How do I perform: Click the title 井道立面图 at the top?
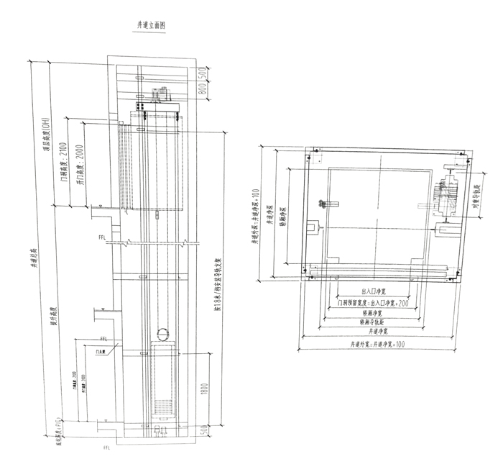click(x=151, y=25)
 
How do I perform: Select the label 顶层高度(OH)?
click(x=45, y=137)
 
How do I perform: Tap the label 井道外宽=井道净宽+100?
click(x=377, y=345)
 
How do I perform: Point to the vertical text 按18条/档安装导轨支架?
click(x=217, y=281)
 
